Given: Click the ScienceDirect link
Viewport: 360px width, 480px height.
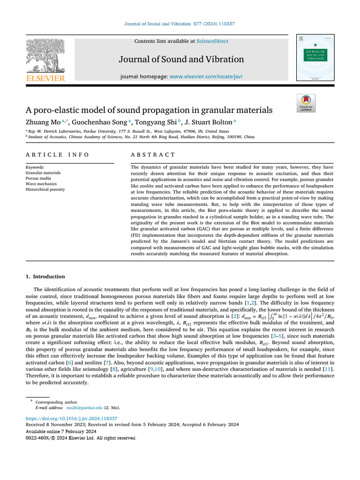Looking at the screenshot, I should pos(212,41).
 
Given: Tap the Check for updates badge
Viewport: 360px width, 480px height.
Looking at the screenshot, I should pos(306,103).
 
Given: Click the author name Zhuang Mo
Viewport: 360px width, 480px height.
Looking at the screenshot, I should pos(40,122).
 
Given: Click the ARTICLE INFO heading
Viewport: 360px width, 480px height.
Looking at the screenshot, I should pos(57,155).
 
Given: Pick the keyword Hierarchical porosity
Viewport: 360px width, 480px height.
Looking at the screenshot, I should pos(45,189).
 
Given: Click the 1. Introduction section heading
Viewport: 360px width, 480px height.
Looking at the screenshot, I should pos(45,277).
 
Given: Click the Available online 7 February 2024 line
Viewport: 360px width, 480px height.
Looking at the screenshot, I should pos(61,431).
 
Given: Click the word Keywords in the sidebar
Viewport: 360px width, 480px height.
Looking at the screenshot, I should pos(35,167).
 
